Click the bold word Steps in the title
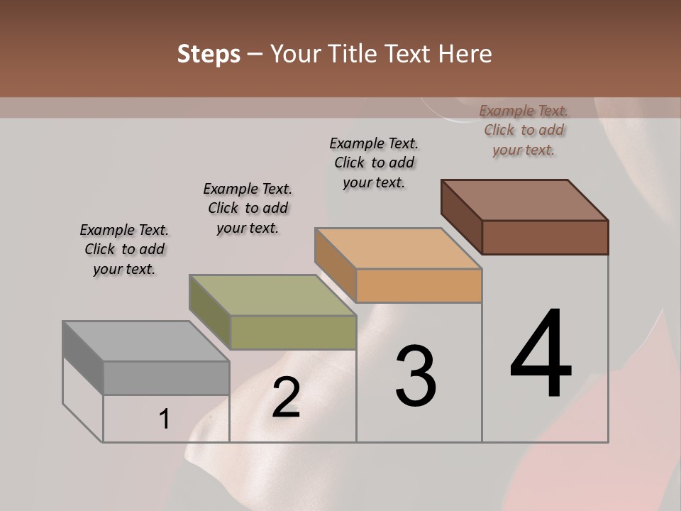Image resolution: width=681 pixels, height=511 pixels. click(x=209, y=54)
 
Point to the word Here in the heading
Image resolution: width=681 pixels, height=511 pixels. click(x=465, y=54)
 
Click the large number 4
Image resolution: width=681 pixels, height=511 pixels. click(x=541, y=354)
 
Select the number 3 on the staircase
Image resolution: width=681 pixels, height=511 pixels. click(x=415, y=376)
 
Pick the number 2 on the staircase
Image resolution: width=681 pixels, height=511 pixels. click(x=286, y=397)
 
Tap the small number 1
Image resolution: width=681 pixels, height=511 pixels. click(x=164, y=419)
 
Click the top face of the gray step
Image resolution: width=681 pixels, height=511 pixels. click(x=145, y=341)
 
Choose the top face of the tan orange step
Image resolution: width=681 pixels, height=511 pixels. click(x=398, y=248)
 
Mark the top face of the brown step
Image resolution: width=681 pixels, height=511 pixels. click(x=524, y=200)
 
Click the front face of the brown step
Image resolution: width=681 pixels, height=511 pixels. click(x=545, y=237)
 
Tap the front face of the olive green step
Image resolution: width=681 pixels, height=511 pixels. click(x=293, y=332)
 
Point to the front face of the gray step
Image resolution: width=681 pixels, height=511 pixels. click(x=166, y=378)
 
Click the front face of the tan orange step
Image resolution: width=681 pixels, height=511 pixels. click(x=419, y=285)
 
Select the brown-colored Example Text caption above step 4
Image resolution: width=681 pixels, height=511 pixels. click(x=524, y=130)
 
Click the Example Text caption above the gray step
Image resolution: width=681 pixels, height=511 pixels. click(x=124, y=249)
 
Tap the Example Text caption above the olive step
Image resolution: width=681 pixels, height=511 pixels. click(x=248, y=208)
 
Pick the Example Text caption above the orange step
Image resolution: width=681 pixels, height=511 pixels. click(x=374, y=163)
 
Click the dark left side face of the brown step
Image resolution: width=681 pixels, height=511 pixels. click(x=461, y=216)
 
